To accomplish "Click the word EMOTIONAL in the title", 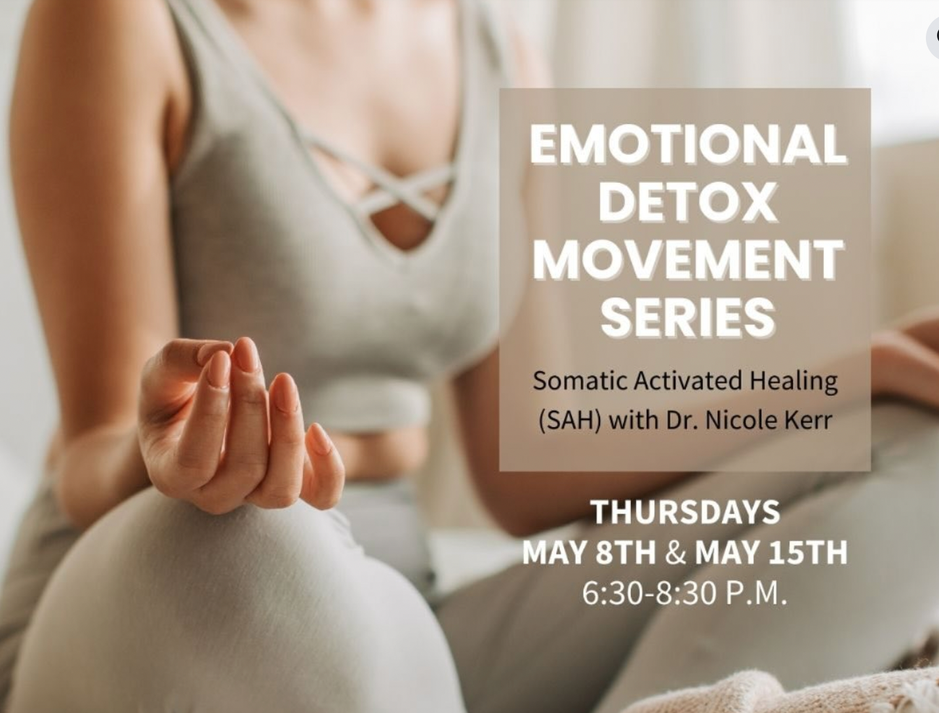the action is pyautogui.click(x=687, y=144).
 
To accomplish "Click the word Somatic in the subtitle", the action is pyautogui.click(x=580, y=381).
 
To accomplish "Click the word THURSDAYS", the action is pyautogui.click(x=685, y=512).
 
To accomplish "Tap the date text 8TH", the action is pyautogui.click(x=626, y=552).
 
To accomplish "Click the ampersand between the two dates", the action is pyautogui.click(x=675, y=552).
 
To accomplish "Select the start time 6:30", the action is pyautogui.click(x=614, y=594).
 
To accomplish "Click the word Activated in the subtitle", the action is pyautogui.click(x=687, y=381).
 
